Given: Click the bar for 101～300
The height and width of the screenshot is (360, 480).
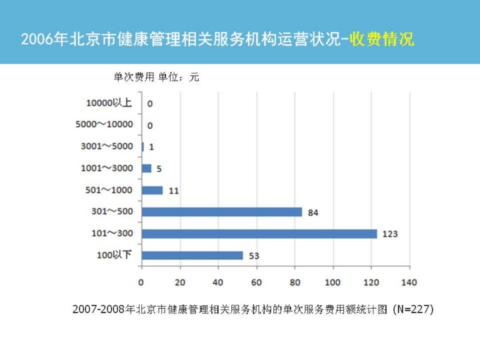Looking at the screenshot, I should click(x=259, y=233).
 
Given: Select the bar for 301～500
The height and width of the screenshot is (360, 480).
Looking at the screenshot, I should click(x=222, y=212).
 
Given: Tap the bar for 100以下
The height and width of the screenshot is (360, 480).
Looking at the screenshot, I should click(x=193, y=255).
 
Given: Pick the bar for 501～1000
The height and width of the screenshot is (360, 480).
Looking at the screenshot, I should click(x=153, y=190).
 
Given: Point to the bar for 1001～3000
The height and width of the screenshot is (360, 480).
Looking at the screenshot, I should click(x=147, y=168).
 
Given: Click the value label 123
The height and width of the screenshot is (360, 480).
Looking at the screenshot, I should click(x=390, y=234).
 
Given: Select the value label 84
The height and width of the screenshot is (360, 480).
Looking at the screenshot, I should click(x=313, y=213).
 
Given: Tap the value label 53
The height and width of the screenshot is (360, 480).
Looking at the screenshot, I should click(x=254, y=256).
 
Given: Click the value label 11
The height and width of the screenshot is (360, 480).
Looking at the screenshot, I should click(x=173, y=191).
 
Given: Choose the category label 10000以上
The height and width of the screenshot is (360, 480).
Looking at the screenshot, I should click(x=109, y=103).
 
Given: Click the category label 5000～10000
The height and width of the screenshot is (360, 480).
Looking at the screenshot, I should click(x=104, y=125).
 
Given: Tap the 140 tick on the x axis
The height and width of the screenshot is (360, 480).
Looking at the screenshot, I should click(x=409, y=282).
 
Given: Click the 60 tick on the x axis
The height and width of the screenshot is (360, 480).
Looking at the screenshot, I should click(x=256, y=282).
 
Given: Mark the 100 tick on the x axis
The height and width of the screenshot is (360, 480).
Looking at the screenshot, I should click(x=332, y=282).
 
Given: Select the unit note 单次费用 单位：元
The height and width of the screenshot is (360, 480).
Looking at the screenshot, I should click(x=157, y=77).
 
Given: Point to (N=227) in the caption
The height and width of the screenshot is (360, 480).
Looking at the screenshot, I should click(x=413, y=309).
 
